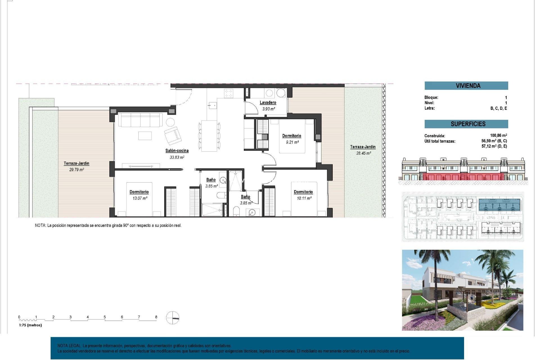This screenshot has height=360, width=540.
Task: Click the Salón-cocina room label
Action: click(x=177, y=151)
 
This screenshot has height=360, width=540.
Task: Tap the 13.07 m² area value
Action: click(x=140, y=198)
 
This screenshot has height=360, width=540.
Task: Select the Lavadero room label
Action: click(x=268, y=103)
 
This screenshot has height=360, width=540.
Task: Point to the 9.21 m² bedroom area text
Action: click(x=292, y=142)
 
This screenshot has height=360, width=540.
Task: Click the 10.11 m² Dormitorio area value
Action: click(x=304, y=198)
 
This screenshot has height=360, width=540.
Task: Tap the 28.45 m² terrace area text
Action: click(x=363, y=153)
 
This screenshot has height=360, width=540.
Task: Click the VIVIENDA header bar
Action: click(x=466, y=86)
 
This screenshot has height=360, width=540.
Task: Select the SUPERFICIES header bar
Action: click(x=466, y=124)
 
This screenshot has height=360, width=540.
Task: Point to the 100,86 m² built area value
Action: click(x=498, y=136)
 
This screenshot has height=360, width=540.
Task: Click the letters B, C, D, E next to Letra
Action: click(x=498, y=109)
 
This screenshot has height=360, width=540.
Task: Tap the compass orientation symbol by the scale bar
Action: click(x=172, y=318)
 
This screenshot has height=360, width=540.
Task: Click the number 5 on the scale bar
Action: click(x=105, y=317)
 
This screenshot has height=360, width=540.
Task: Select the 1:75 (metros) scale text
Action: click(x=30, y=325)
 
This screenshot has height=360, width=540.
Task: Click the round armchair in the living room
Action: click(x=170, y=122)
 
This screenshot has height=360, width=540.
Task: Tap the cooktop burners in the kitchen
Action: click(x=228, y=93)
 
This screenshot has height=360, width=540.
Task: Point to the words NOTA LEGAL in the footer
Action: click(x=69, y=346)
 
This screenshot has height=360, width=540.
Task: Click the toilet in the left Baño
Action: click(x=221, y=195)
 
